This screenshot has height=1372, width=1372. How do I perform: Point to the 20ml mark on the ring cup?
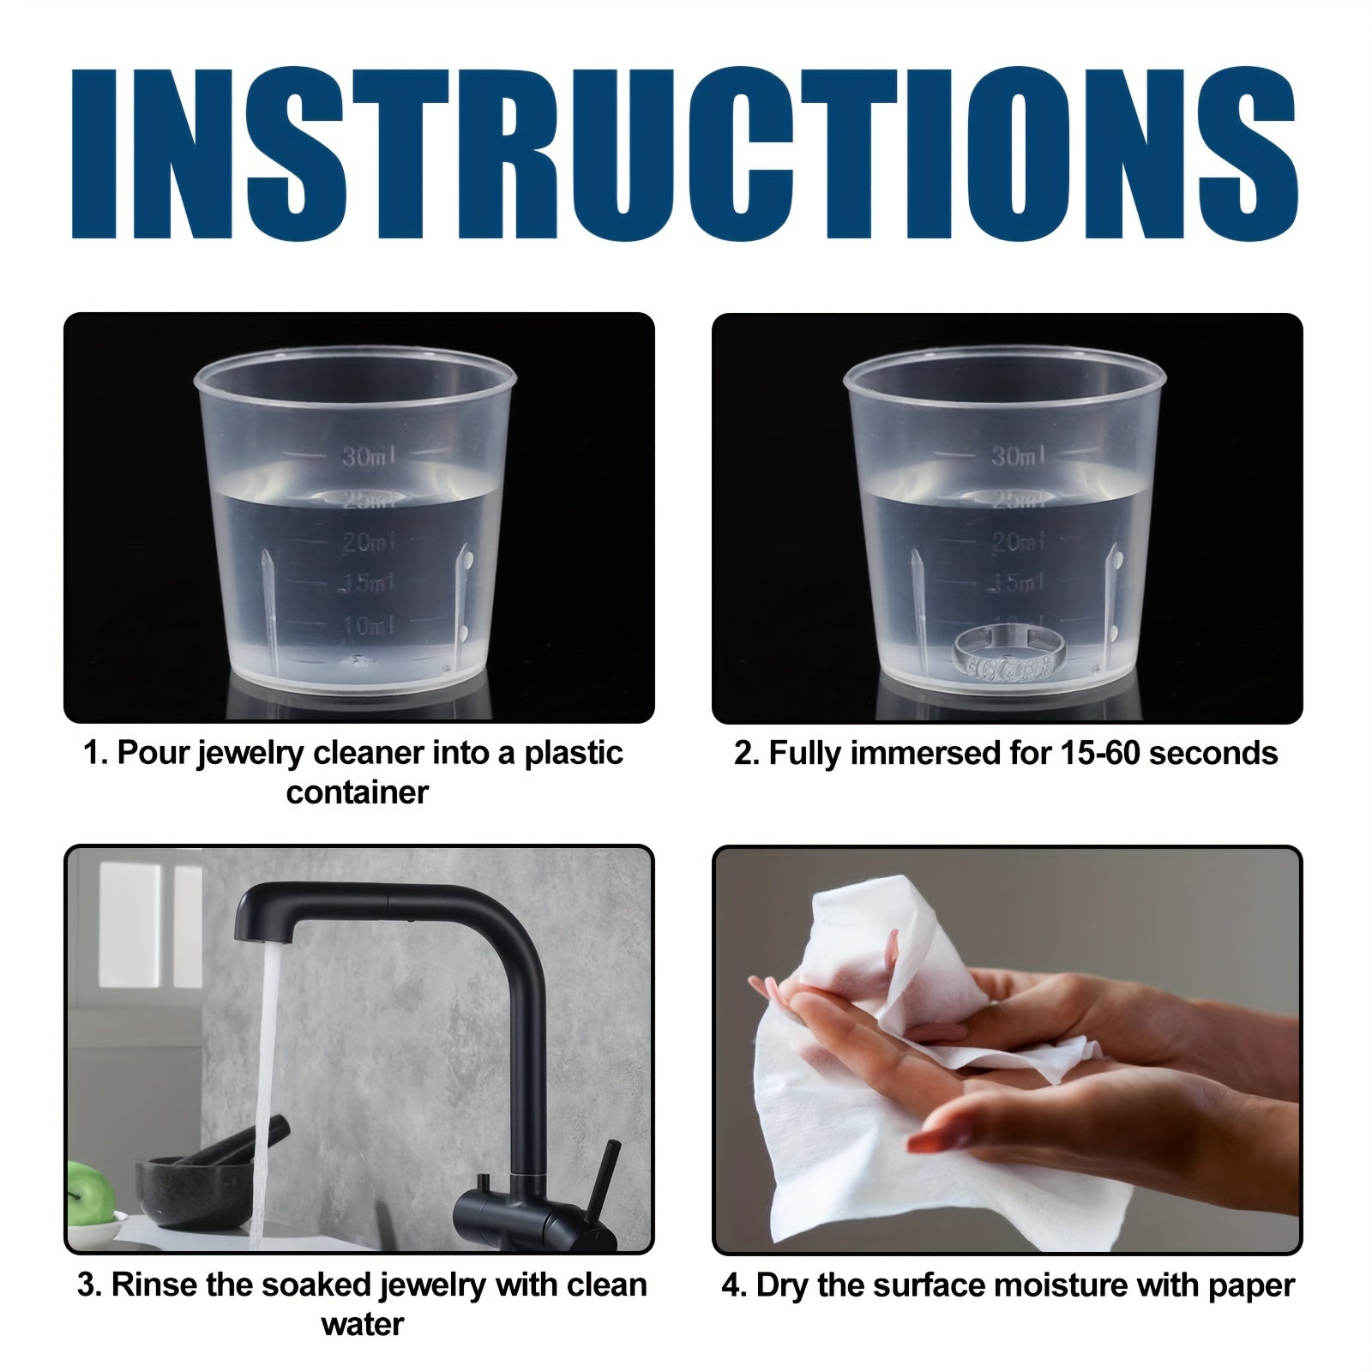click(1018, 542)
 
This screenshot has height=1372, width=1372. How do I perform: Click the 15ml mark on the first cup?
click(369, 584)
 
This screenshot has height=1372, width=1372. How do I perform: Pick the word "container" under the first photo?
click(357, 792)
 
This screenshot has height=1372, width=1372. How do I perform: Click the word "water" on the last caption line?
click(362, 1324)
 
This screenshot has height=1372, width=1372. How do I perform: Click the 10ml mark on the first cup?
click(369, 626)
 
